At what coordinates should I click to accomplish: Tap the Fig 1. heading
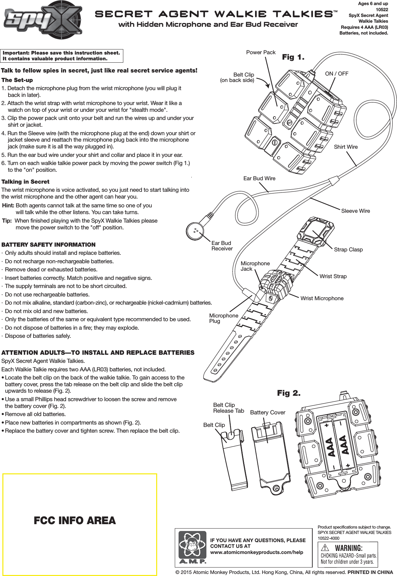(x=293, y=57)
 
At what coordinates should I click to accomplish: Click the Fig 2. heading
(x=289, y=393)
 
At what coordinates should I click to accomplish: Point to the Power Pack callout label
(x=260, y=53)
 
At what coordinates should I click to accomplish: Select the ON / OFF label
(x=336, y=74)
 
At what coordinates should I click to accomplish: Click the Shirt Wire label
(x=346, y=147)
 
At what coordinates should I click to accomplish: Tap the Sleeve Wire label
(x=355, y=211)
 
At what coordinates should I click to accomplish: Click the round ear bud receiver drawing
(x=195, y=231)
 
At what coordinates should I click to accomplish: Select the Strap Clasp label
(x=348, y=249)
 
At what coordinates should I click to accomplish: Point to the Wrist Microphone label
(x=322, y=298)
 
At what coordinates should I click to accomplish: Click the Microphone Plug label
(x=223, y=318)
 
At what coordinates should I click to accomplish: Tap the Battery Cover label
(x=268, y=412)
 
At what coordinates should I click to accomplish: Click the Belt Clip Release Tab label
(x=228, y=408)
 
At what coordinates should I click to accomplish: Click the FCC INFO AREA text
(x=75, y=520)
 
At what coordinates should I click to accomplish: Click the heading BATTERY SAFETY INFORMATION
(x=48, y=245)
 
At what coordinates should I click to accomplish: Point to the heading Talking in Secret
(x=25, y=182)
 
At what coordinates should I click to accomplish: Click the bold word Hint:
(x=8, y=205)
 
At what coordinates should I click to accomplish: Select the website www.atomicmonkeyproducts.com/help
(x=256, y=552)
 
